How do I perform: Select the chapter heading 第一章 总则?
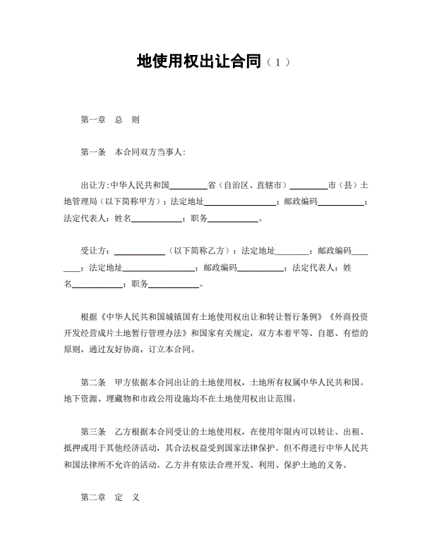tap(110, 120)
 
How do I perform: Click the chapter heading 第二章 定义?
tap(110, 497)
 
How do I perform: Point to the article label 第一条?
tap(93, 151)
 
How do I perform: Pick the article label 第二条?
tap(93, 383)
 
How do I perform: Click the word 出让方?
tap(95, 186)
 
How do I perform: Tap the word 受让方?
tap(95, 251)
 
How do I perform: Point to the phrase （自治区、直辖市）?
tap(252, 186)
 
